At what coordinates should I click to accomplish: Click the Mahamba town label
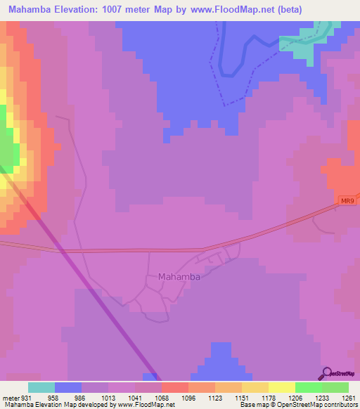pos(179,277)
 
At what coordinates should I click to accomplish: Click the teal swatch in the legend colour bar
pos(41,387)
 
